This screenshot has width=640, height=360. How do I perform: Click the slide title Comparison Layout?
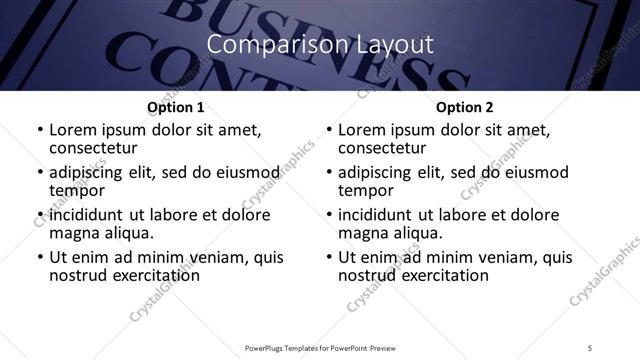click(x=319, y=45)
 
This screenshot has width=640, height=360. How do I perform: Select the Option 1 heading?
click(x=176, y=107)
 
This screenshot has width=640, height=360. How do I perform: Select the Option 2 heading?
click(x=465, y=107)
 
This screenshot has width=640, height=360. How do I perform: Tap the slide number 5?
click(x=591, y=347)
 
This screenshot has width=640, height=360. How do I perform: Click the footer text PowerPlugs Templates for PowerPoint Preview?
click(x=319, y=347)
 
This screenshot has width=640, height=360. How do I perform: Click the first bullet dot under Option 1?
click(x=40, y=130)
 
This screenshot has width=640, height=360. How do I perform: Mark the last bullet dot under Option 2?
click(x=329, y=257)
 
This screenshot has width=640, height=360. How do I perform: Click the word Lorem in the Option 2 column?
click(x=361, y=130)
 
